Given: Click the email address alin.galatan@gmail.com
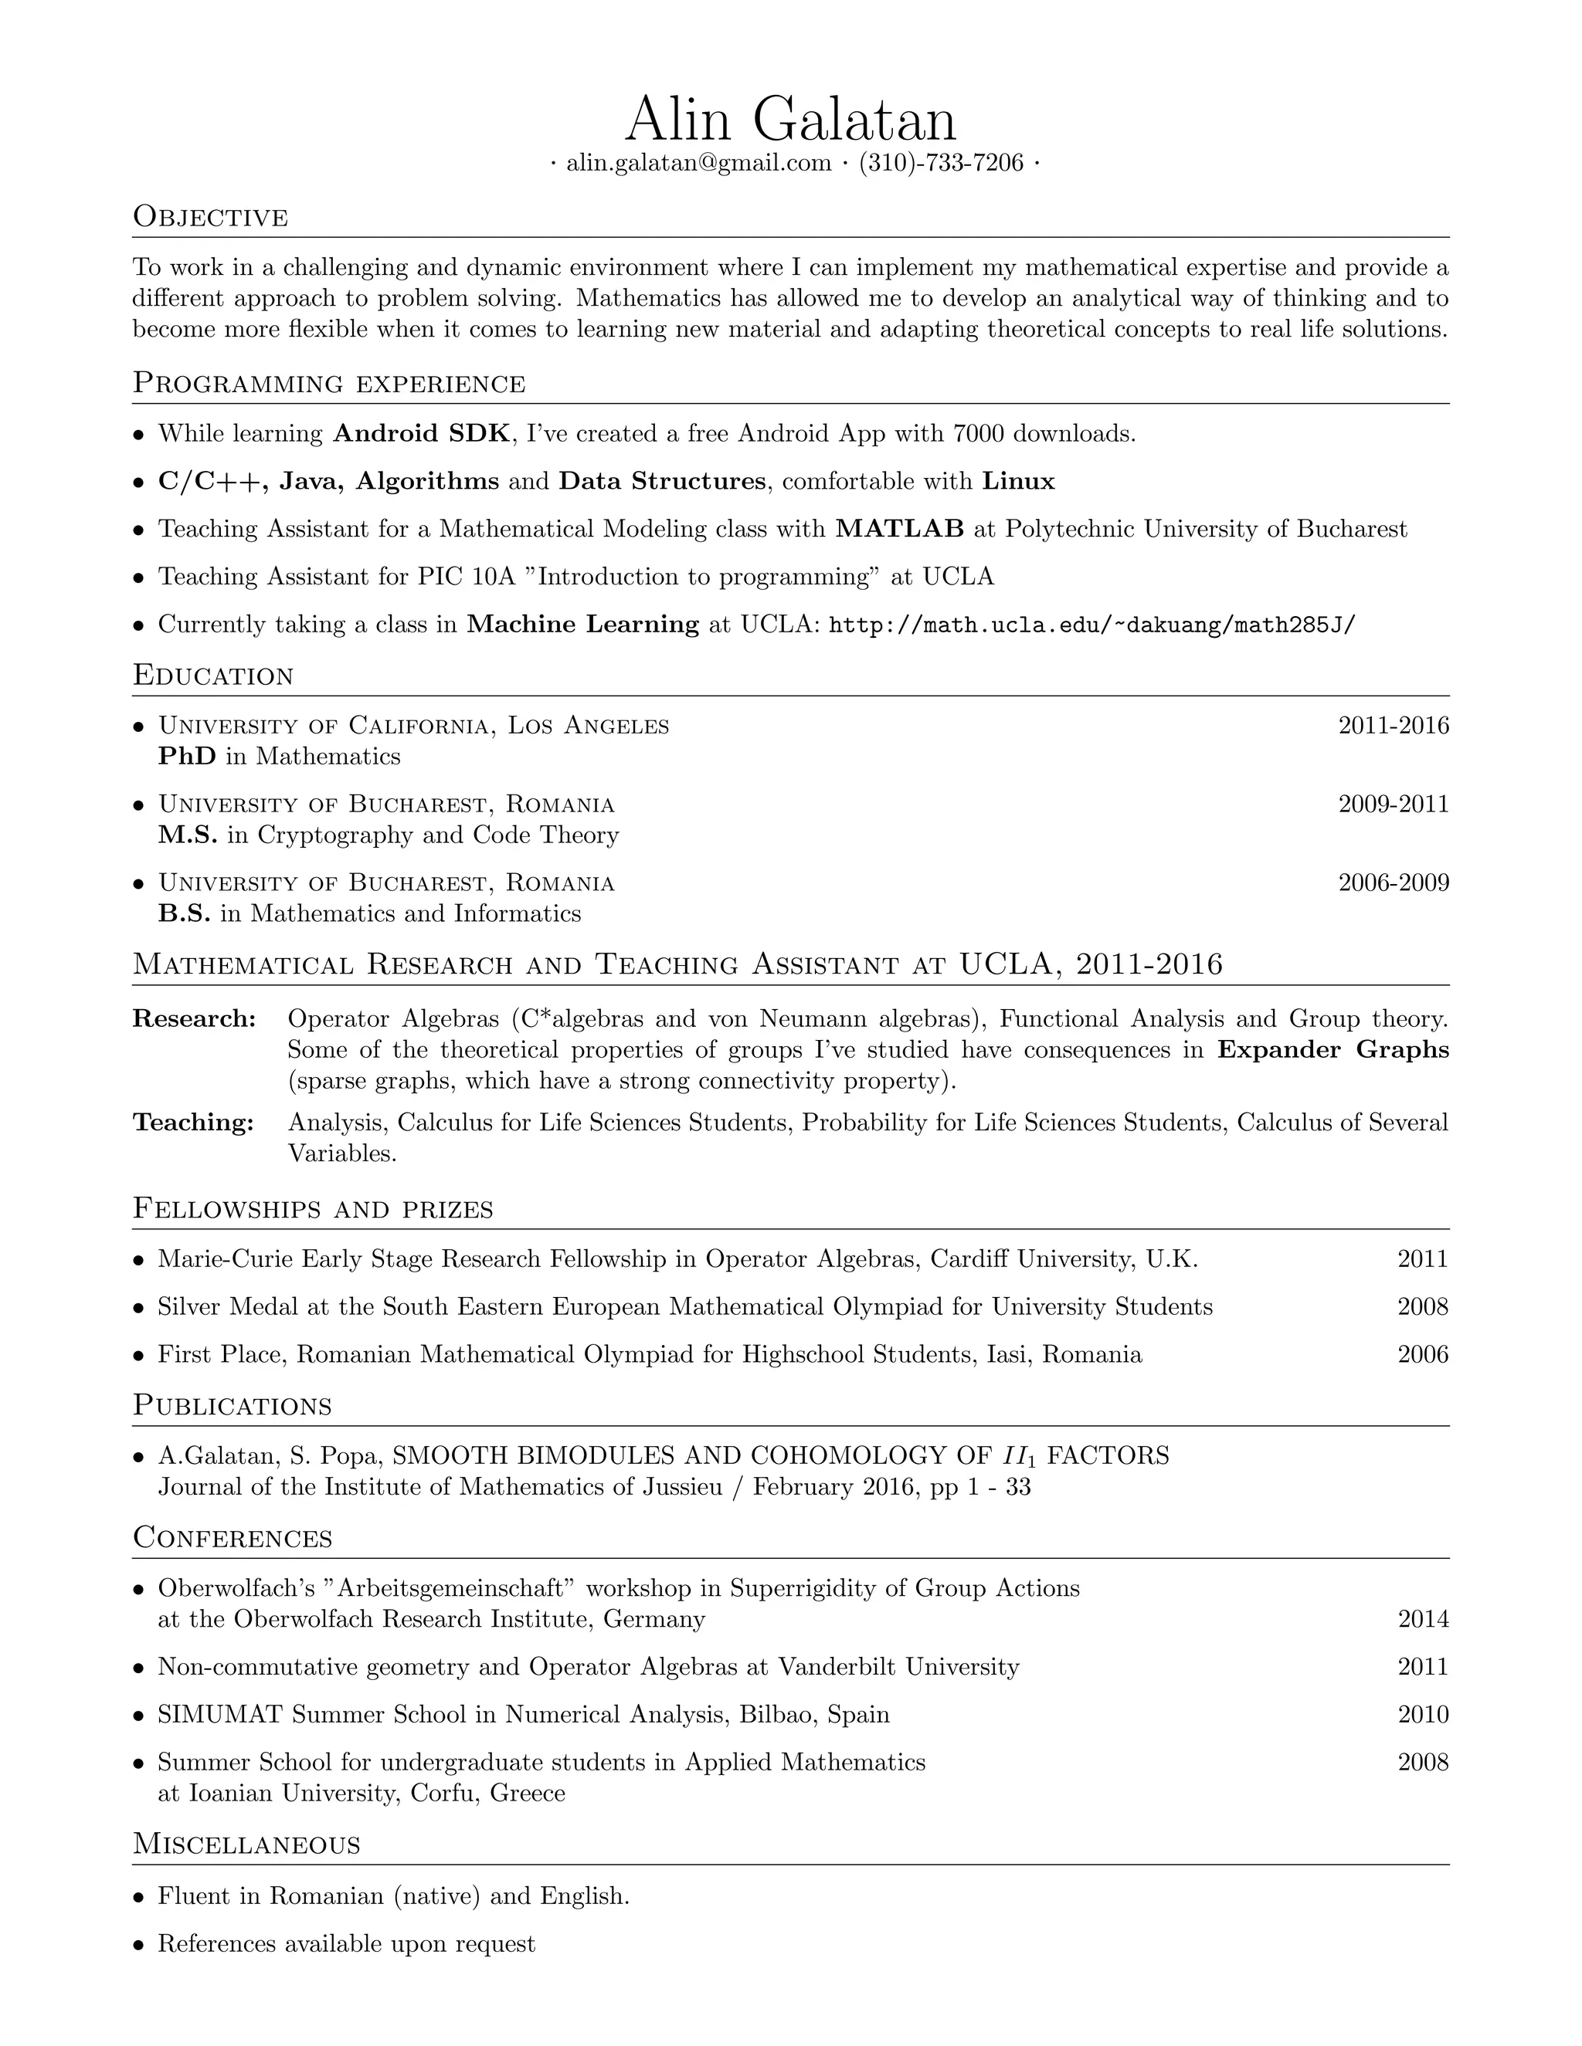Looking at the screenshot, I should coord(698,163).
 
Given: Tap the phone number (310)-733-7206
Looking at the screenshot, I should coord(941,163).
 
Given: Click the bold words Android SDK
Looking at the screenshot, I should coord(422,433).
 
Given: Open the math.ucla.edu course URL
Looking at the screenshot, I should coord(1091,625).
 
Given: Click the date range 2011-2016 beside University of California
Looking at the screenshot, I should coord(1393,725).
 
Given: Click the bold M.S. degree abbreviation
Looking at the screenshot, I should coord(188,835).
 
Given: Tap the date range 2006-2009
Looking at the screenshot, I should coord(1393,882).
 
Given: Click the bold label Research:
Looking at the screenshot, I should coord(194,1018).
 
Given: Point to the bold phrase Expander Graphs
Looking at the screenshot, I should coord(1332,1049).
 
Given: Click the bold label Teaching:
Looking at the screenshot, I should coord(193,1123).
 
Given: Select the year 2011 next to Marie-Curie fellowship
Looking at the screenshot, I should coord(1422,1258).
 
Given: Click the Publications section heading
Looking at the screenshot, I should coord(232,1405).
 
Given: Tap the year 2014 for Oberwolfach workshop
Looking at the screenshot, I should coord(1422,1619).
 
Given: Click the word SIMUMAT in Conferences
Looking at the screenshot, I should coord(219,1714).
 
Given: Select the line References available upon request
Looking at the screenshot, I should coord(346,1944).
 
